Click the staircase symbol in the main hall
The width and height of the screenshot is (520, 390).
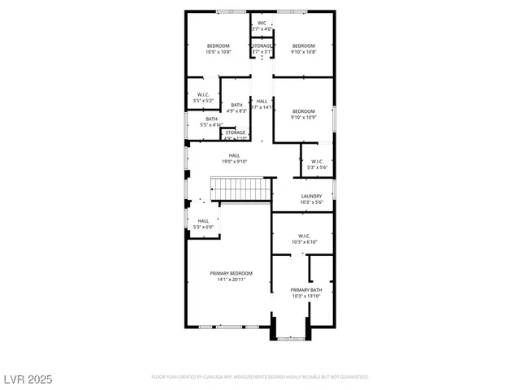click(240, 190)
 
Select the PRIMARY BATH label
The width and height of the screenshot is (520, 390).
click(306, 290)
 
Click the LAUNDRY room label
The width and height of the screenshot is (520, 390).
click(312, 196)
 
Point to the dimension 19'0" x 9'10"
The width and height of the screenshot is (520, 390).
click(234, 162)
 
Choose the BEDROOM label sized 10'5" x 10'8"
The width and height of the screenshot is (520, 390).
click(218, 45)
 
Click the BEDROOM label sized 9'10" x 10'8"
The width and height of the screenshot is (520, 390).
click(304, 45)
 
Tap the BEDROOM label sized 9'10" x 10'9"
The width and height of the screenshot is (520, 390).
click(304, 111)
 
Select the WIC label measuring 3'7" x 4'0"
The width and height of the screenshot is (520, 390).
click(262, 23)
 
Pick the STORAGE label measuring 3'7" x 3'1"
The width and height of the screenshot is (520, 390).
click(262, 45)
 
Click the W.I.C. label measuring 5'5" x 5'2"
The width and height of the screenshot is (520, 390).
click(204, 94)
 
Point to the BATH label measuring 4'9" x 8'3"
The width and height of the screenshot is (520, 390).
click(236, 105)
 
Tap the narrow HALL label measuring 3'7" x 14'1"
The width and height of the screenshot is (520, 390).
click(262, 101)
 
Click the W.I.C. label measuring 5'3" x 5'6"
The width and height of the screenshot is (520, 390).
click(317, 161)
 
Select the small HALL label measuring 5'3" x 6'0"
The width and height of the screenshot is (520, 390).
click(203, 221)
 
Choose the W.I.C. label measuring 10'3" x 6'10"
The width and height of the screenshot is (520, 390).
click(304, 236)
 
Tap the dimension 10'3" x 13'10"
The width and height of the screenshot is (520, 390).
click(306, 297)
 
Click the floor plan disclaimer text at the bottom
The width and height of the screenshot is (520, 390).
click(260, 377)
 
